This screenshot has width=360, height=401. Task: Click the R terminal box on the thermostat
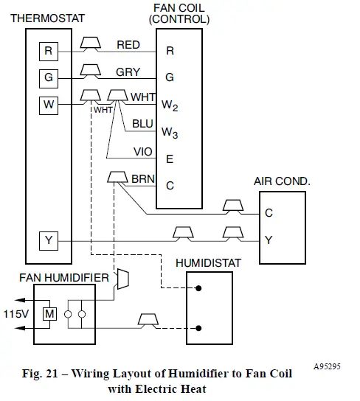click(48, 51)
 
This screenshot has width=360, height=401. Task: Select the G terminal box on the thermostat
click(48, 77)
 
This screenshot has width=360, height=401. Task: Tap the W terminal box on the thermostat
click(48, 104)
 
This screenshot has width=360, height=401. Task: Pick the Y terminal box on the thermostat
click(48, 241)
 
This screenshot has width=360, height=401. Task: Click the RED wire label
click(128, 45)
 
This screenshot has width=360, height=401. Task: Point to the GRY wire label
click(128, 72)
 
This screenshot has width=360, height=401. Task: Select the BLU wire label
click(142, 124)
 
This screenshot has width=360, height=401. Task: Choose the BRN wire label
click(142, 178)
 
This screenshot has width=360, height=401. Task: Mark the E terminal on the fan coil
click(170, 158)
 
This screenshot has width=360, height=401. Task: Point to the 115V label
click(15, 313)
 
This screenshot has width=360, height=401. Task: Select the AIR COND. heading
click(282, 180)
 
